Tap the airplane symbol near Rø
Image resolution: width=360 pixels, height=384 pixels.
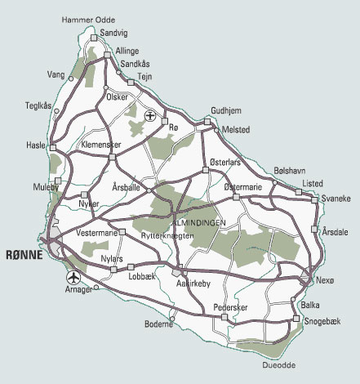click(150, 115)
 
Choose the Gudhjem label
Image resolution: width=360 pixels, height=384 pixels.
click(226, 109)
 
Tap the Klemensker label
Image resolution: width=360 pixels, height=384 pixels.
click(102, 145)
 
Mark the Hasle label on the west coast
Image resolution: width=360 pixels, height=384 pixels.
click(37, 144)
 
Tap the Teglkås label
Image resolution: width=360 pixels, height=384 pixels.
click(38, 105)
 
